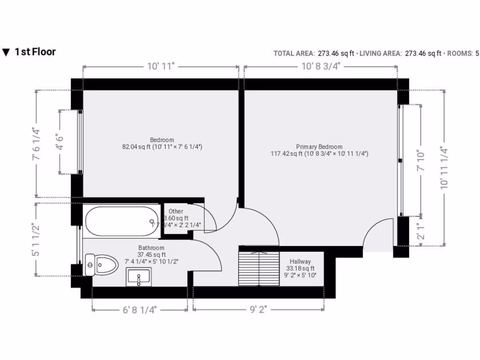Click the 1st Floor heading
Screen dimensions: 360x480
click(x=35, y=52)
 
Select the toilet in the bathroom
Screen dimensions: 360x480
click(x=102, y=265)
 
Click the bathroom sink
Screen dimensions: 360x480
click(x=139, y=277)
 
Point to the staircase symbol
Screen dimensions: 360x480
click(x=258, y=269)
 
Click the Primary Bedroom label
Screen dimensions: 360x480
click(x=319, y=147)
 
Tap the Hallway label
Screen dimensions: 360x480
click(x=300, y=262)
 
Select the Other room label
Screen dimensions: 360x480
click(x=176, y=211)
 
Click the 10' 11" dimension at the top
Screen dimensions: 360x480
click(x=161, y=67)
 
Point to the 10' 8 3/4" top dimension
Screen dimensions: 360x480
click(x=320, y=67)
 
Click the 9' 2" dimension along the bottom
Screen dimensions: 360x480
click(x=259, y=310)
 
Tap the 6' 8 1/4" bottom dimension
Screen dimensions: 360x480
click(x=140, y=310)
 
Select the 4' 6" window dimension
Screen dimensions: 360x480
click(x=60, y=142)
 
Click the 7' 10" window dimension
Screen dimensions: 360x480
click(x=421, y=160)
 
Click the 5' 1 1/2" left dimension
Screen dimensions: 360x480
click(x=36, y=239)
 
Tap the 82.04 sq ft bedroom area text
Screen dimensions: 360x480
click(x=162, y=147)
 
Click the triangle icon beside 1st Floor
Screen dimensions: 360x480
click(x=6, y=52)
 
